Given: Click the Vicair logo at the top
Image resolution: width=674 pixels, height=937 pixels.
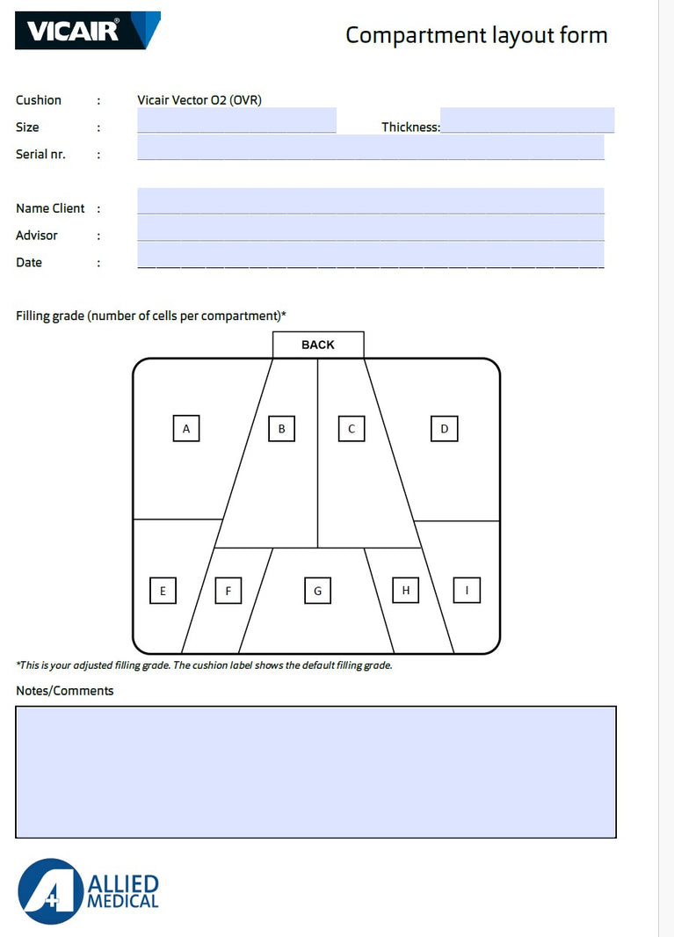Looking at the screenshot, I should click(88, 31).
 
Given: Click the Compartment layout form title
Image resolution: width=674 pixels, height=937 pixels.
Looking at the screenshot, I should click(475, 35).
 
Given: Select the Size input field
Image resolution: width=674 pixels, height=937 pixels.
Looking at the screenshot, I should click(236, 120).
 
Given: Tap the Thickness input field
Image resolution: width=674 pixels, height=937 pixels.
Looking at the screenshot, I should click(526, 120).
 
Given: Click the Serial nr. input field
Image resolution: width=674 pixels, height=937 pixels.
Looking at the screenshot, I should click(370, 148).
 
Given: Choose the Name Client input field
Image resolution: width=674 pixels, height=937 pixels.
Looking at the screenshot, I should click(370, 201).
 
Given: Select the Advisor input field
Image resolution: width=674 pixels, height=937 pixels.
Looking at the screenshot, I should click(370, 229).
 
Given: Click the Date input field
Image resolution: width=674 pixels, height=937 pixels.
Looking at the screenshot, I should click(370, 256).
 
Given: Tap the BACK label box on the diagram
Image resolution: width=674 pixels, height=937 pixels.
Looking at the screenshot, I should click(318, 345).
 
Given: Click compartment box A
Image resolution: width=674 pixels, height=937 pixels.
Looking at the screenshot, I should click(186, 429).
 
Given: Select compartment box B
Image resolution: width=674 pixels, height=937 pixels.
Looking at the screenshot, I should click(281, 429).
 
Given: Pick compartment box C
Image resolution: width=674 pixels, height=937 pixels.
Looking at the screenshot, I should click(351, 429).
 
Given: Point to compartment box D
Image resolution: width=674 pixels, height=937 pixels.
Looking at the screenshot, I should click(445, 429).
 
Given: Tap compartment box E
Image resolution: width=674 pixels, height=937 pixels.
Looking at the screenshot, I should click(163, 591).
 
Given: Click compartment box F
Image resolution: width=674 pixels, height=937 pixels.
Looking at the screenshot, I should click(228, 591).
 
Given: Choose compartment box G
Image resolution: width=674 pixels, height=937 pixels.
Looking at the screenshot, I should click(318, 591).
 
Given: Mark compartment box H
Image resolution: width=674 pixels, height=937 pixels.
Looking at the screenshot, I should click(405, 590).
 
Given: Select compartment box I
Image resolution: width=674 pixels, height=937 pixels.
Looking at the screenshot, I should click(467, 590).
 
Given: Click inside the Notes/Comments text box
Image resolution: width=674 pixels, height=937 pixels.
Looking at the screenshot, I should click(315, 772).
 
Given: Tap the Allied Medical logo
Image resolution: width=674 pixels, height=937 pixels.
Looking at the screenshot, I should click(88, 890).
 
